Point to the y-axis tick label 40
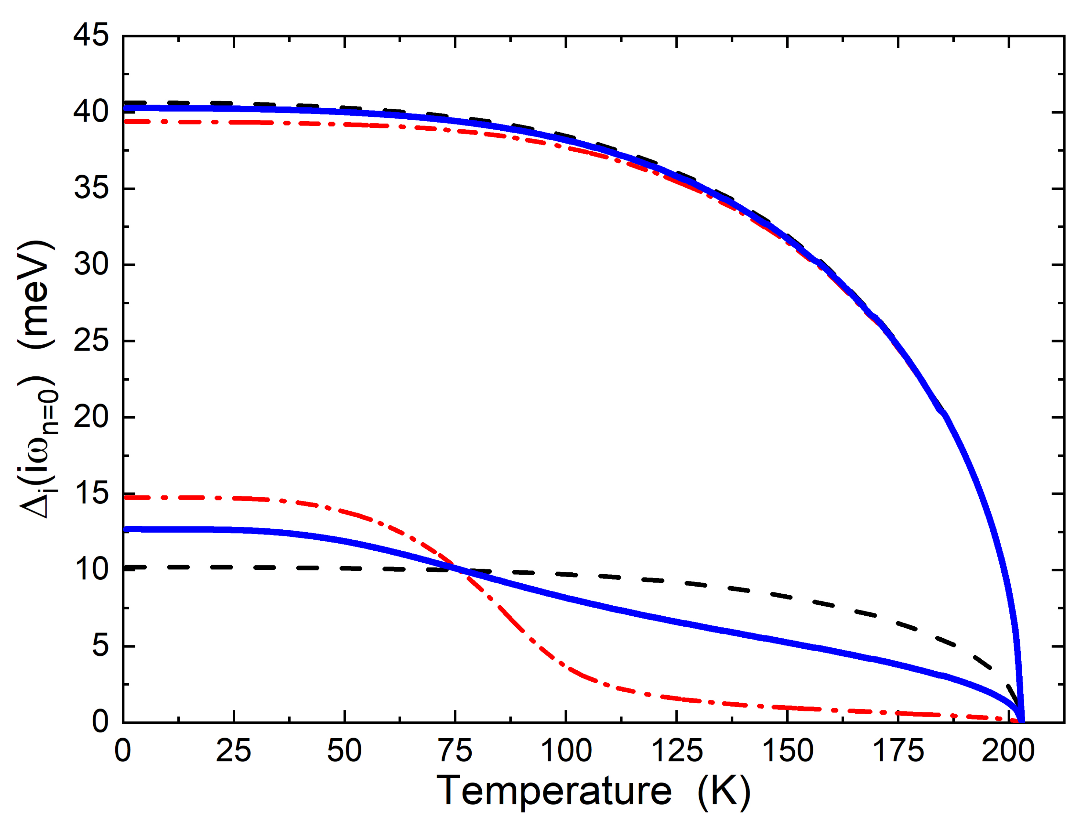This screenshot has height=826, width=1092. pos(91,112)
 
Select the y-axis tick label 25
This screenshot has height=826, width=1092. pos(91,341)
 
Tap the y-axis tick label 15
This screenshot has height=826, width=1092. pos(91,493)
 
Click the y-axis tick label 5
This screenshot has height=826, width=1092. pos(100,646)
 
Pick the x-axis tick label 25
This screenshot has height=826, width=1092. pos(233,751)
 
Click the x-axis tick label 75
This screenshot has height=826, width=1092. pos(455,751)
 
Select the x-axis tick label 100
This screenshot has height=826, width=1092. pos(566,751)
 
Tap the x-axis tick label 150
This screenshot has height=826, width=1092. pos(787,751)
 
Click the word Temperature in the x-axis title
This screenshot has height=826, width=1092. pos(554,791)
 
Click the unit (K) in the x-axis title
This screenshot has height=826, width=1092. pos(724,792)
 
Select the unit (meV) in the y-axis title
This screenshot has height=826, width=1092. pos(36,295)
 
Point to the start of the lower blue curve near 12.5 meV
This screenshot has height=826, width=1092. pos(126,529)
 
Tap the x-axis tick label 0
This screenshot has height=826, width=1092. pos(123,751)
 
